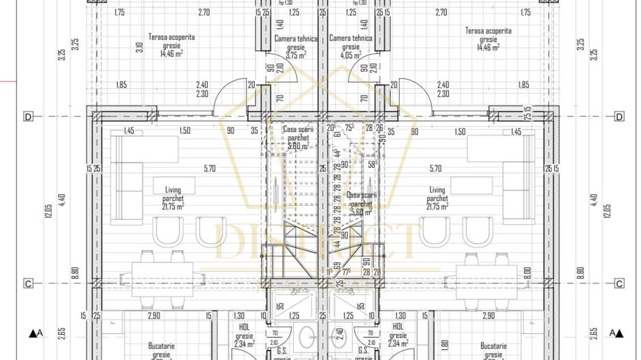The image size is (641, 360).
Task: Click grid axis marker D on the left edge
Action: coord(28,116)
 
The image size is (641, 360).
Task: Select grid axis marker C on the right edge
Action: coord(619,283)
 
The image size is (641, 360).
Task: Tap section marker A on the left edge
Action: coord(36,333)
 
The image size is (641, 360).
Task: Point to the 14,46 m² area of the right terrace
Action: coord(487,47)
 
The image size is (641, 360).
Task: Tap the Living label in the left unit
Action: coord(172,190)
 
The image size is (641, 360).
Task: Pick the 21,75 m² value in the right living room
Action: coord(437,206)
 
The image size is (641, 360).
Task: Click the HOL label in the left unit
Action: coord(243,327)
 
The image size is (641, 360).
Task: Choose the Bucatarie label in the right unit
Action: coord(492,346)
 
